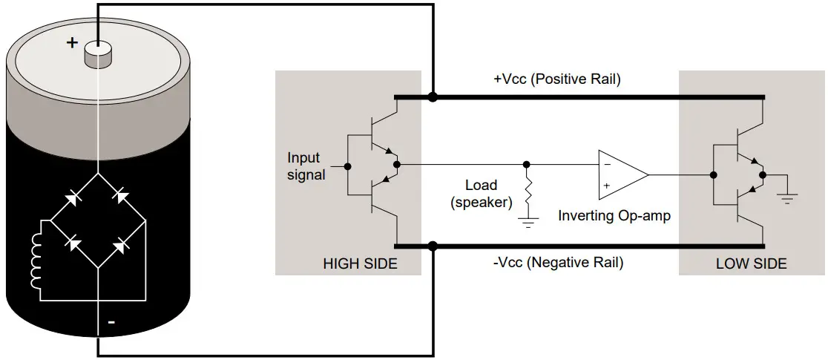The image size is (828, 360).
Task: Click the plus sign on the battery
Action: (72, 42)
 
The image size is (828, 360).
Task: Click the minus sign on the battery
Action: (111, 322)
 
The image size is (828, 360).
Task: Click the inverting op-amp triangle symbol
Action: (622, 174)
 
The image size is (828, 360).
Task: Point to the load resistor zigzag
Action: (528, 196)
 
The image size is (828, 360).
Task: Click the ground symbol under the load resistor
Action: (528, 220)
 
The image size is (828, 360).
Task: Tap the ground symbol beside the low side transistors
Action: (787, 197)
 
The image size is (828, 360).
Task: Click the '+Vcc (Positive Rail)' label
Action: (556, 79)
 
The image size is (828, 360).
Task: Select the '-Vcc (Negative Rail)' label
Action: (558, 263)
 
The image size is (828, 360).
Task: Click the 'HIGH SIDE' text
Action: (360, 264)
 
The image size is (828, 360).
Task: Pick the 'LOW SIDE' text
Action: (751, 264)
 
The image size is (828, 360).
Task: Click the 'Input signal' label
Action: (304, 166)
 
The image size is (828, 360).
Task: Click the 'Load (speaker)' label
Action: (481, 193)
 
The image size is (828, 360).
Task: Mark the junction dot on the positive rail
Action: (433, 96)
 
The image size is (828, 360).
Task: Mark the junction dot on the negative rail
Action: (433, 246)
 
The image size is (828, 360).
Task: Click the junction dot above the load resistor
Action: (527, 164)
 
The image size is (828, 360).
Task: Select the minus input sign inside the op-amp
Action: (606, 163)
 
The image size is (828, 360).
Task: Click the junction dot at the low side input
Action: (712, 175)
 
